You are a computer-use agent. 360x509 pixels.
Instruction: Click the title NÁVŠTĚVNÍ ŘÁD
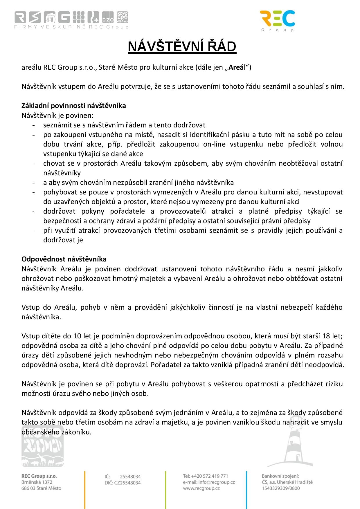[182, 47]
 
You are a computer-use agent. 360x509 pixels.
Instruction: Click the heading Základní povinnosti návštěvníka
[74, 106]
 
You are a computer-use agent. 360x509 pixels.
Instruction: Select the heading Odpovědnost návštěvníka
[64, 259]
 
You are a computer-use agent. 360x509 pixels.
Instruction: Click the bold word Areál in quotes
[237, 68]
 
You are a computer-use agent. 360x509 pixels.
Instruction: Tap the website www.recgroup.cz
[201, 488]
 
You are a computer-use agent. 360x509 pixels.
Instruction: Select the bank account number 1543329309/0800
[281, 488]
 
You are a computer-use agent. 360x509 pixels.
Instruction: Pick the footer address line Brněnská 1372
[37, 482]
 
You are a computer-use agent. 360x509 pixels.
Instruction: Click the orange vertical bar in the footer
[85, 489]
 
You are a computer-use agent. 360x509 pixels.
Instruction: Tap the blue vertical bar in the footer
[246, 489]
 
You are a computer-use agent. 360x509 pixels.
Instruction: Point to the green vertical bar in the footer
[166, 489]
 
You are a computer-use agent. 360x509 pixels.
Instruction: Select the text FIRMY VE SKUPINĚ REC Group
[71, 27]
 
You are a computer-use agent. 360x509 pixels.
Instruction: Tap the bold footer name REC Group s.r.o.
[39, 476]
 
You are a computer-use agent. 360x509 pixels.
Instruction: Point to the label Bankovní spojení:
[280, 476]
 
